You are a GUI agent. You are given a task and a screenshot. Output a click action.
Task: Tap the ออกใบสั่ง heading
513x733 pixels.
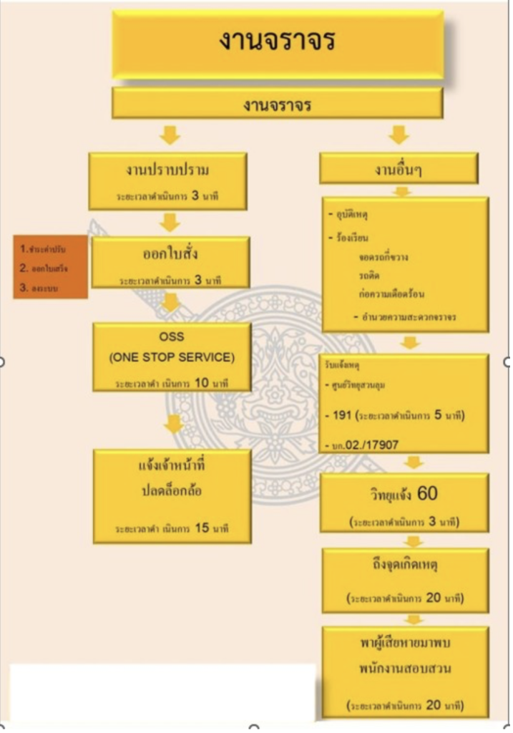tap(170, 256)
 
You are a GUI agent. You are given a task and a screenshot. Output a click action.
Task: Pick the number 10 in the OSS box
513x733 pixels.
tap(202, 382)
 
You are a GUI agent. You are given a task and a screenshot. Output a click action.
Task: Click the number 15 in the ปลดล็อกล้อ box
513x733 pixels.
tap(202, 528)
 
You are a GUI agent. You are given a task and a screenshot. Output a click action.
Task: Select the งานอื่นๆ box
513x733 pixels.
tap(399, 170)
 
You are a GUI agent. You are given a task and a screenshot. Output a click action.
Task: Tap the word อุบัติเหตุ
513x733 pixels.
tap(351, 215)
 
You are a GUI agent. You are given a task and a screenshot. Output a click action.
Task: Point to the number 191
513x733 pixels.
tap(341, 415)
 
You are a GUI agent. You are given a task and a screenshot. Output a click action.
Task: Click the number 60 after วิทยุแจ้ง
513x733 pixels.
tap(427, 493)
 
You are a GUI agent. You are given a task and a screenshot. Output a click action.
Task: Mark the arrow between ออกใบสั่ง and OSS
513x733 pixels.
tap(170, 304)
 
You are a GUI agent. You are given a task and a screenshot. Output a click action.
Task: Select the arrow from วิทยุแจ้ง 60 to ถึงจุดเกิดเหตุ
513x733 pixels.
tap(412, 541)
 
